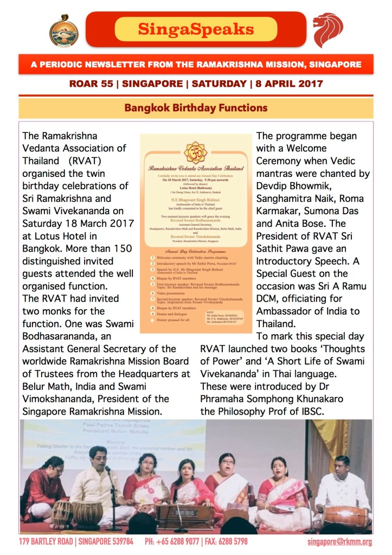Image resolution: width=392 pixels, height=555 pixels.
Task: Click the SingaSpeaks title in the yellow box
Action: point(196,29)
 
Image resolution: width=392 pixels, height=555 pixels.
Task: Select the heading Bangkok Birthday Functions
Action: point(196,107)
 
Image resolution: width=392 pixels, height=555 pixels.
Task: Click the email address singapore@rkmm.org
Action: point(339,542)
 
